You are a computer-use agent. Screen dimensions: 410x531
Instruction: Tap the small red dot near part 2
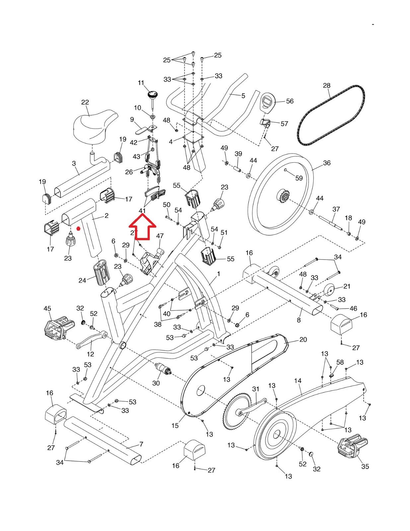coord(78,228)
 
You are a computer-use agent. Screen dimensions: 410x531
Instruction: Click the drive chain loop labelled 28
coord(331,114)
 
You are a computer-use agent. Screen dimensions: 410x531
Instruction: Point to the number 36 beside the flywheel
coord(327,163)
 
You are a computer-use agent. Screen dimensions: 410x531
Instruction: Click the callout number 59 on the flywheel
coord(299,178)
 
